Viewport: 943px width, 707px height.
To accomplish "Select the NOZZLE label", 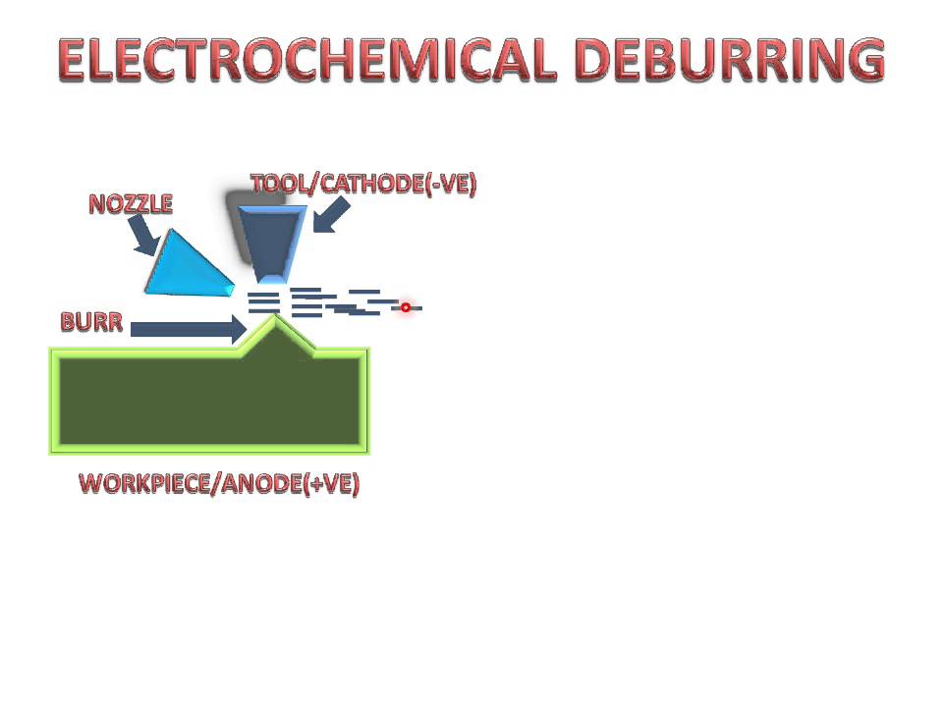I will pyautogui.click(x=131, y=204).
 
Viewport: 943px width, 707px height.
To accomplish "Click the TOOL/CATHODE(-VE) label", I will pyautogui.click(x=363, y=185).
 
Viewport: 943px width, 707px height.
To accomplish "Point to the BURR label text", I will pyautogui.click(x=91, y=322).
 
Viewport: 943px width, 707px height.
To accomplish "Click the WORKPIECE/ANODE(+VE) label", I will pyautogui.click(x=219, y=484).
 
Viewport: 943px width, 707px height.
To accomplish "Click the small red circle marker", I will pyautogui.click(x=405, y=307).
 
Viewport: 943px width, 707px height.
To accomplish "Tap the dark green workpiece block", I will pyautogui.click(x=209, y=400).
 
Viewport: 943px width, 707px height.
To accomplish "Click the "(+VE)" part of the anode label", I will pyautogui.click(x=331, y=484).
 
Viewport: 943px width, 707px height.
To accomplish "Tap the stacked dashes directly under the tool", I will pyautogui.click(x=262, y=301).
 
